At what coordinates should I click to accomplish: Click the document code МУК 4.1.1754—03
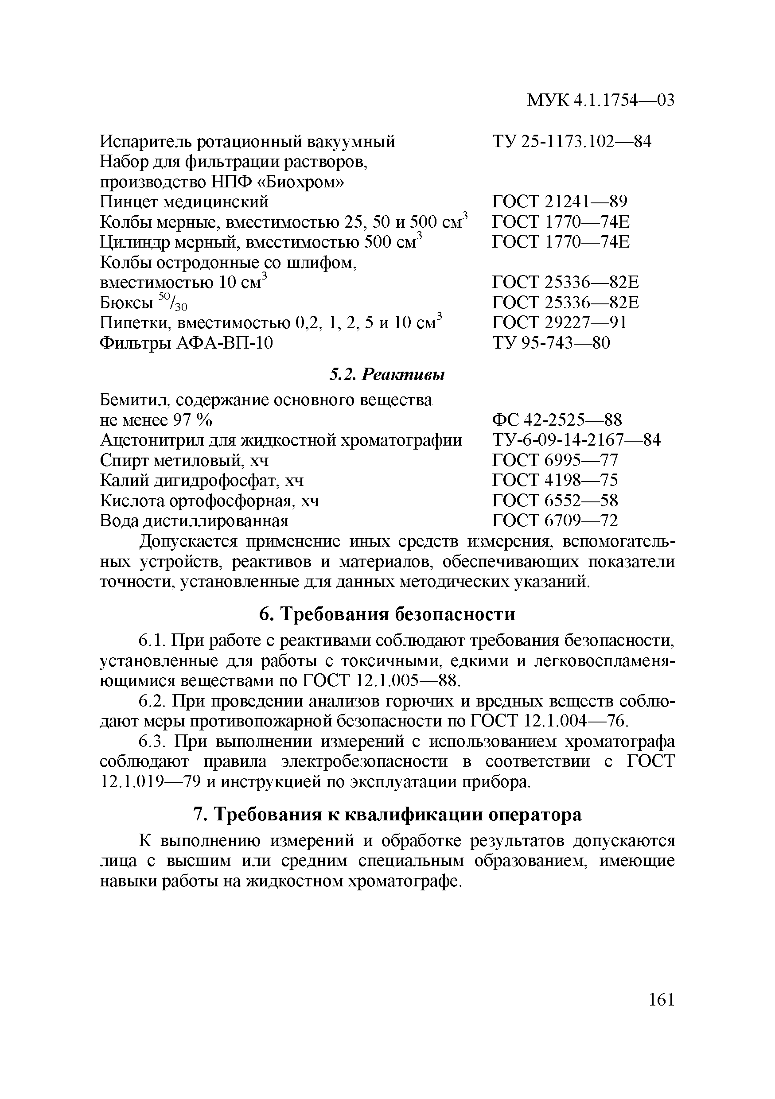click(x=600, y=100)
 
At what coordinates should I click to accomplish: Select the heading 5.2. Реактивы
click(x=387, y=374)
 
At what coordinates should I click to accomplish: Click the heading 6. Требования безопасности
click(x=387, y=614)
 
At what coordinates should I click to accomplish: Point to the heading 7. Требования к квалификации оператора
click(x=387, y=814)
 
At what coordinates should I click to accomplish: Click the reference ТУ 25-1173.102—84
click(x=572, y=141)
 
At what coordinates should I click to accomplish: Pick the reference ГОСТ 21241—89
click(x=559, y=202)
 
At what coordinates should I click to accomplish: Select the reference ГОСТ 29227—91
click(x=559, y=322)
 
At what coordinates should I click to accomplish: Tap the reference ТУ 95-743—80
click(x=551, y=343)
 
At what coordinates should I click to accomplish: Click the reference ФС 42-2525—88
click(x=557, y=420)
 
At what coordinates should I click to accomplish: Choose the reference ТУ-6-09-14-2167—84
click(x=576, y=440)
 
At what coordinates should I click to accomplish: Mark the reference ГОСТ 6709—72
click(x=555, y=520)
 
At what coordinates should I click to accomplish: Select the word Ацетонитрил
click(x=146, y=440)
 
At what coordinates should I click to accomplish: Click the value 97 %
click(x=192, y=420)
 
